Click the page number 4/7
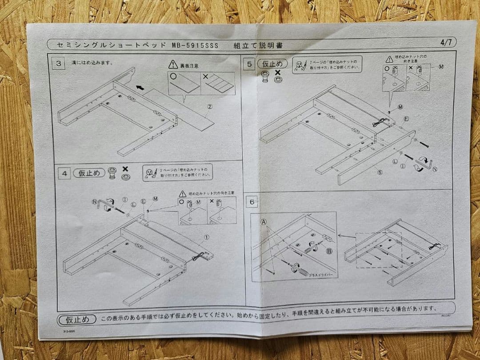446,43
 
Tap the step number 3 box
58,63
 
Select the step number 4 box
64,174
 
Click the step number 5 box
250,64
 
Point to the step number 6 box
252,202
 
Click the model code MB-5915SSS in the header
195,45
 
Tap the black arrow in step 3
140,88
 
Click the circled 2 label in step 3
209,107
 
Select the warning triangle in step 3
173,65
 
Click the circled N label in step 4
95,201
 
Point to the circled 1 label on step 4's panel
206,237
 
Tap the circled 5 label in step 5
380,172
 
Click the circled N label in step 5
434,169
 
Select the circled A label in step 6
264,221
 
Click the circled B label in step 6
329,251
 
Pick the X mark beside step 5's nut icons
278,72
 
